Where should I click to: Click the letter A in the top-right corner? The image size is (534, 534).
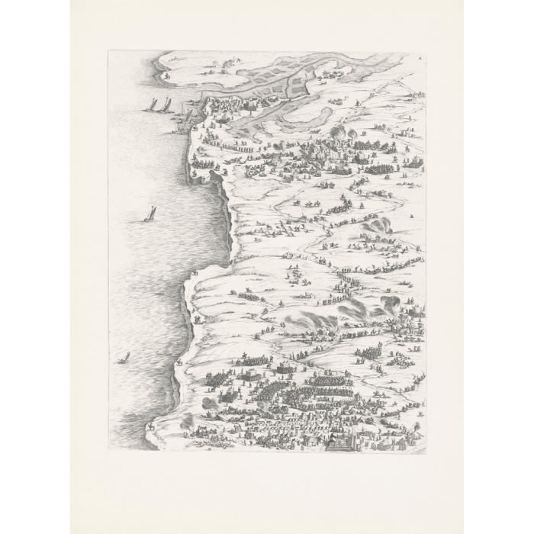coord(418,57)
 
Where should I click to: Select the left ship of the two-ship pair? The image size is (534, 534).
coord(150,105)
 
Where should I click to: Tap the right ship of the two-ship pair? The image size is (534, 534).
coord(162,102)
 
